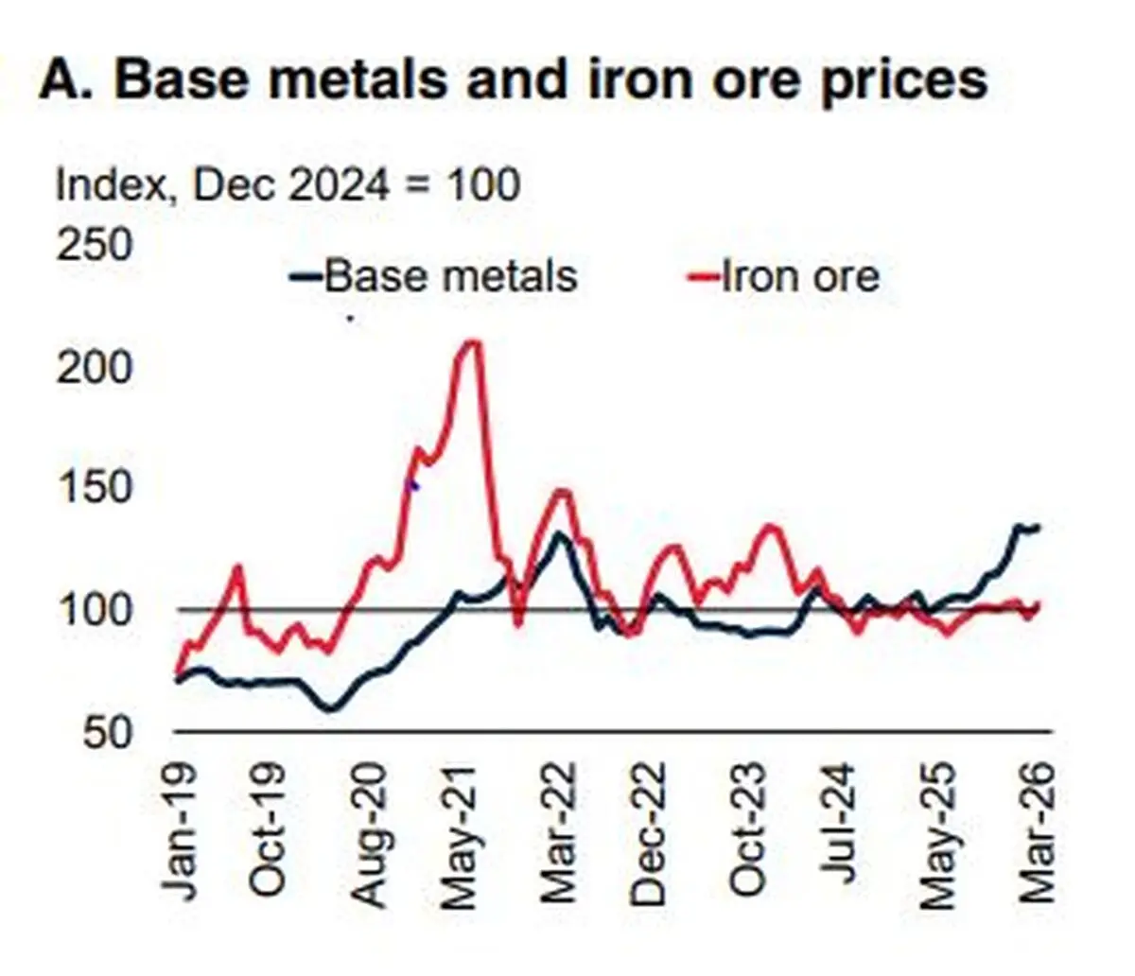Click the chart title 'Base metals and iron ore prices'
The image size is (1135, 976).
(550, 80)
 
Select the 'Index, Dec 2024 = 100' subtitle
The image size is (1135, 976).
(288, 185)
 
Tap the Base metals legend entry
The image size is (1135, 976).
(433, 276)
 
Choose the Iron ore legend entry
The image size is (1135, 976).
(783, 276)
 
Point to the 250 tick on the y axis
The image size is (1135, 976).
(95, 244)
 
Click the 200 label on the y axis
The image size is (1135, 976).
(95, 367)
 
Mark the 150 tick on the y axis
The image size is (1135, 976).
(95, 487)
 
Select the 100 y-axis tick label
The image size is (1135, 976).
(95, 610)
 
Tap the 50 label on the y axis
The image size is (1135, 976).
(108, 732)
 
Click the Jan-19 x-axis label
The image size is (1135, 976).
(179, 830)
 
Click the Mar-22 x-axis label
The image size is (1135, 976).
(558, 831)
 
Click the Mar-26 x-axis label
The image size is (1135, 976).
(1038, 831)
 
